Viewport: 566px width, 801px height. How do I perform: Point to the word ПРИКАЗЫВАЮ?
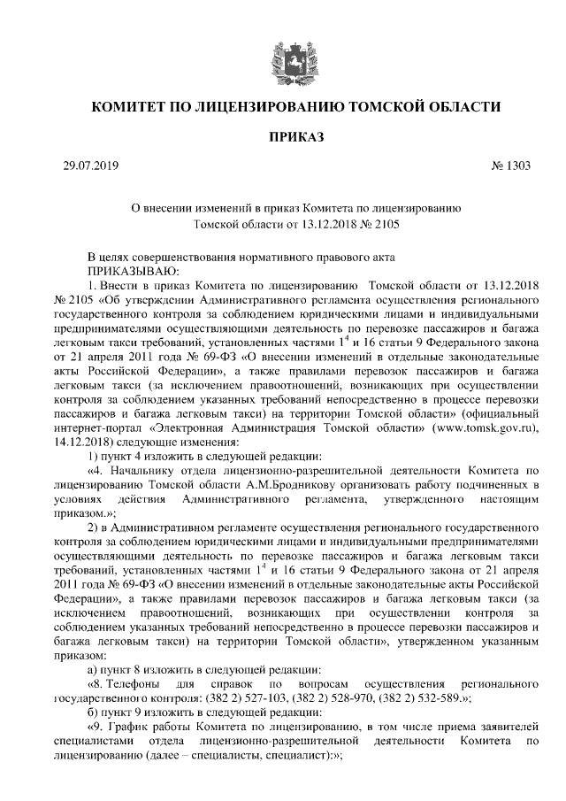[133, 269]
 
